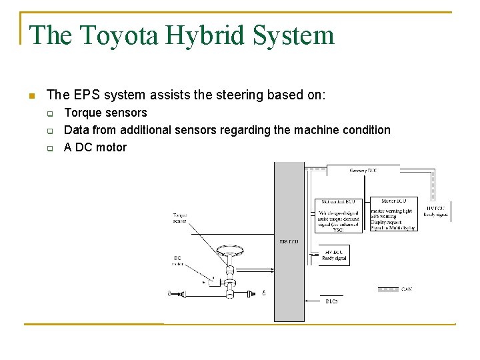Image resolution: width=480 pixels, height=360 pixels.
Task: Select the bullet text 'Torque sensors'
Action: pos(105,113)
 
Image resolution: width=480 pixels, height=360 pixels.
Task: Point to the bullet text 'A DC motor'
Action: pos(95,147)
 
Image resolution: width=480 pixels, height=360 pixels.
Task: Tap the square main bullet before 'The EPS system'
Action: pos(31,96)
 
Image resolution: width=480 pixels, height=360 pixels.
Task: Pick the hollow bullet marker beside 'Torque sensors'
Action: pos(49,113)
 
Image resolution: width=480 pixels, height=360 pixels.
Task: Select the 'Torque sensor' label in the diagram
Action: pos(179,218)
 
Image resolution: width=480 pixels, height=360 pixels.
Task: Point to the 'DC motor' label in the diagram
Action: pos(177,261)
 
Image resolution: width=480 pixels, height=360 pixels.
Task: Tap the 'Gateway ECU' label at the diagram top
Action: pos(363,171)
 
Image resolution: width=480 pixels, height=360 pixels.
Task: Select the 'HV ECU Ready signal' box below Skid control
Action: pos(335,255)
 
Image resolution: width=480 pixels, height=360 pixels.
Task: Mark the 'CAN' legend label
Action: pos(407,289)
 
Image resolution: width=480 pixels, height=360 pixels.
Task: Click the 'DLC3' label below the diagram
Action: pos(331,302)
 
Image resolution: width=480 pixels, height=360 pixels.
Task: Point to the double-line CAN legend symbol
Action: pos(388,289)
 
